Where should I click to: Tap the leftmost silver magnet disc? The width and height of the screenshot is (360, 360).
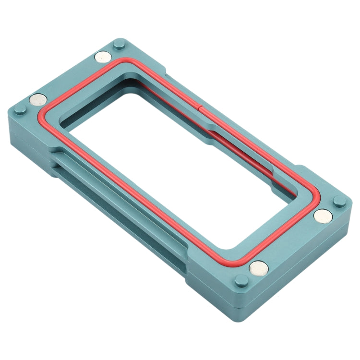click(x=38, y=100)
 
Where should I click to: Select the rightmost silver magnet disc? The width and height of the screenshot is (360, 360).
click(x=323, y=216)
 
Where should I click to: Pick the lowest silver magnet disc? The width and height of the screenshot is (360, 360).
click(x=259, y=267)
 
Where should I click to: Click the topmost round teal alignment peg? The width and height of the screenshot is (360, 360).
click(x=119, y=46)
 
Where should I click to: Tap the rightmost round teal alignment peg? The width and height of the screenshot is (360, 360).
click(x=339, y=201)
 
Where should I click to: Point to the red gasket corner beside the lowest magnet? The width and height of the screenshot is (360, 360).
click(x=240, y=262)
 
